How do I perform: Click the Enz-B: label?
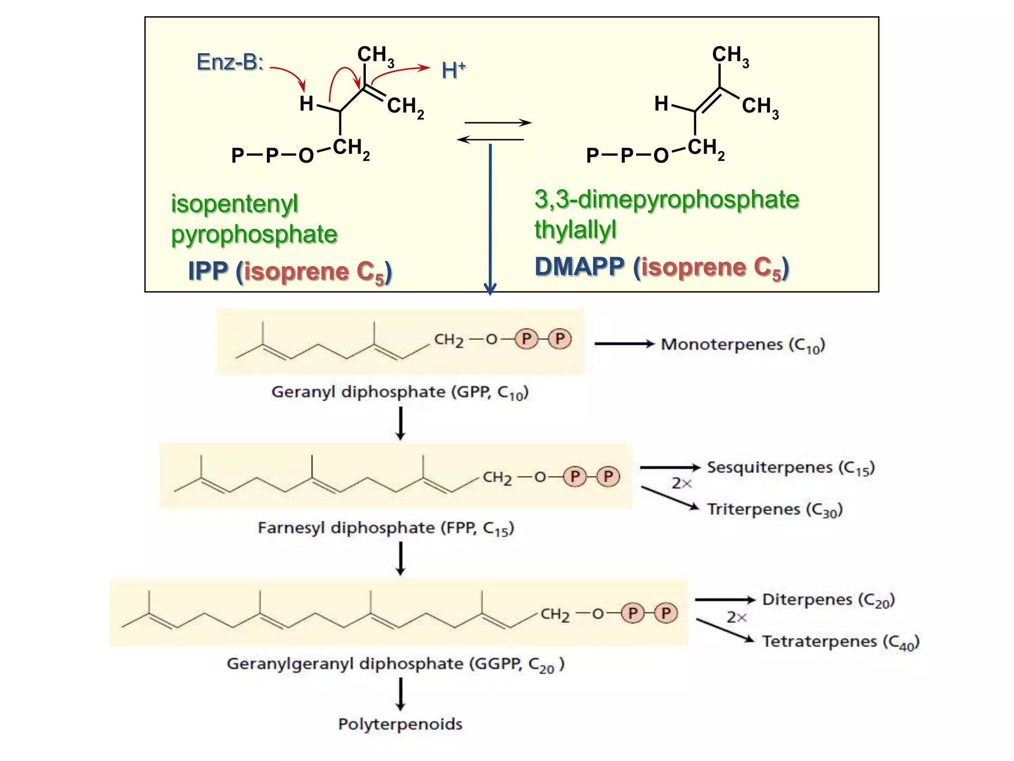[x=230, y=62]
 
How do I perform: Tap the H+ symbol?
[x=453, y=70]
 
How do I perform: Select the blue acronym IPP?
[x=208, y=271]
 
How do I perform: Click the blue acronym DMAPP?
[x=579, y=267]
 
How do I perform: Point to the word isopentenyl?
[x=234, y=204]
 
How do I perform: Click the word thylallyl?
[x=575, y=229]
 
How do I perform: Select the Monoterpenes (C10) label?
[x=743, y=345]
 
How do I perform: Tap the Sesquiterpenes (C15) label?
[x=791, y=468]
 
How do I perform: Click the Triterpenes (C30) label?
[x=775, y=509]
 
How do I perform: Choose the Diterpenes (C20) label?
[x=828, y=600]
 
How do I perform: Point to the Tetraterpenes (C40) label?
[x=841, y=642]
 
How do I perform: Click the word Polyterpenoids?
[x=400, y=724]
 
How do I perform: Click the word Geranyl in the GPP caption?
[x=303, y=392]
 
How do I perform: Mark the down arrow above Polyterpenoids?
[x=401, y=694]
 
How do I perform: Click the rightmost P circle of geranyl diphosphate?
[x=560, y=339]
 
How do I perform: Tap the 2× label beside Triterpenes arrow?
[x=681, y=483]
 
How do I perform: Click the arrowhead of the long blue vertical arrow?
[x=490, y=289]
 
